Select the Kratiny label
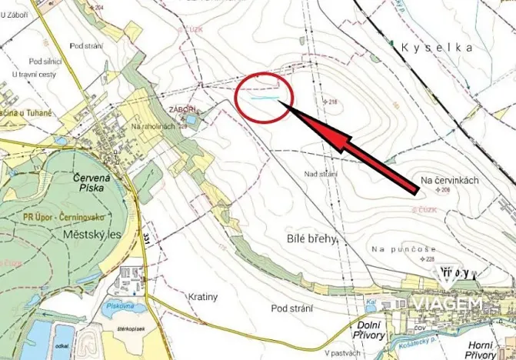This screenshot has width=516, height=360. [204, 295]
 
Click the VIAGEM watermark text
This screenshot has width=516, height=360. [449, 305]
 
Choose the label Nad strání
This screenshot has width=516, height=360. [321, 175]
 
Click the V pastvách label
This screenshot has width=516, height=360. [341, 353]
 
